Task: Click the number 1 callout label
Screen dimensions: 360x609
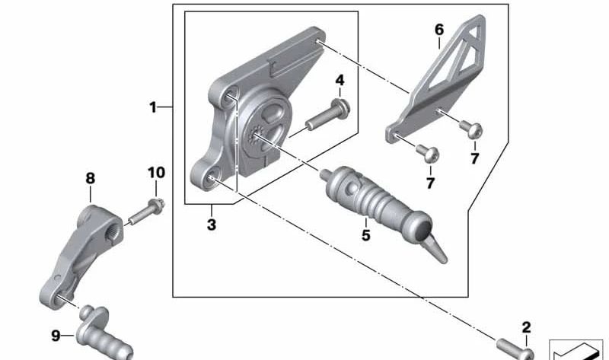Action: point(153,107)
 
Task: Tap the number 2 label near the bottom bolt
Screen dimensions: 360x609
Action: point(526,328)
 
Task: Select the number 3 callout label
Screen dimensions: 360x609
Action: point(212,225)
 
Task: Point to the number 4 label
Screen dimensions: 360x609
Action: point(340,80)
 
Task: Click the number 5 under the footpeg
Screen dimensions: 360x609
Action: point(366,235)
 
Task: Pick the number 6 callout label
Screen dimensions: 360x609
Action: point(439,30)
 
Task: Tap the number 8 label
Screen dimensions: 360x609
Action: point(90,178)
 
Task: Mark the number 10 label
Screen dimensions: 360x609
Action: point(155,174)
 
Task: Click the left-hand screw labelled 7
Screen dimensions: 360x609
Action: point(430,155)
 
